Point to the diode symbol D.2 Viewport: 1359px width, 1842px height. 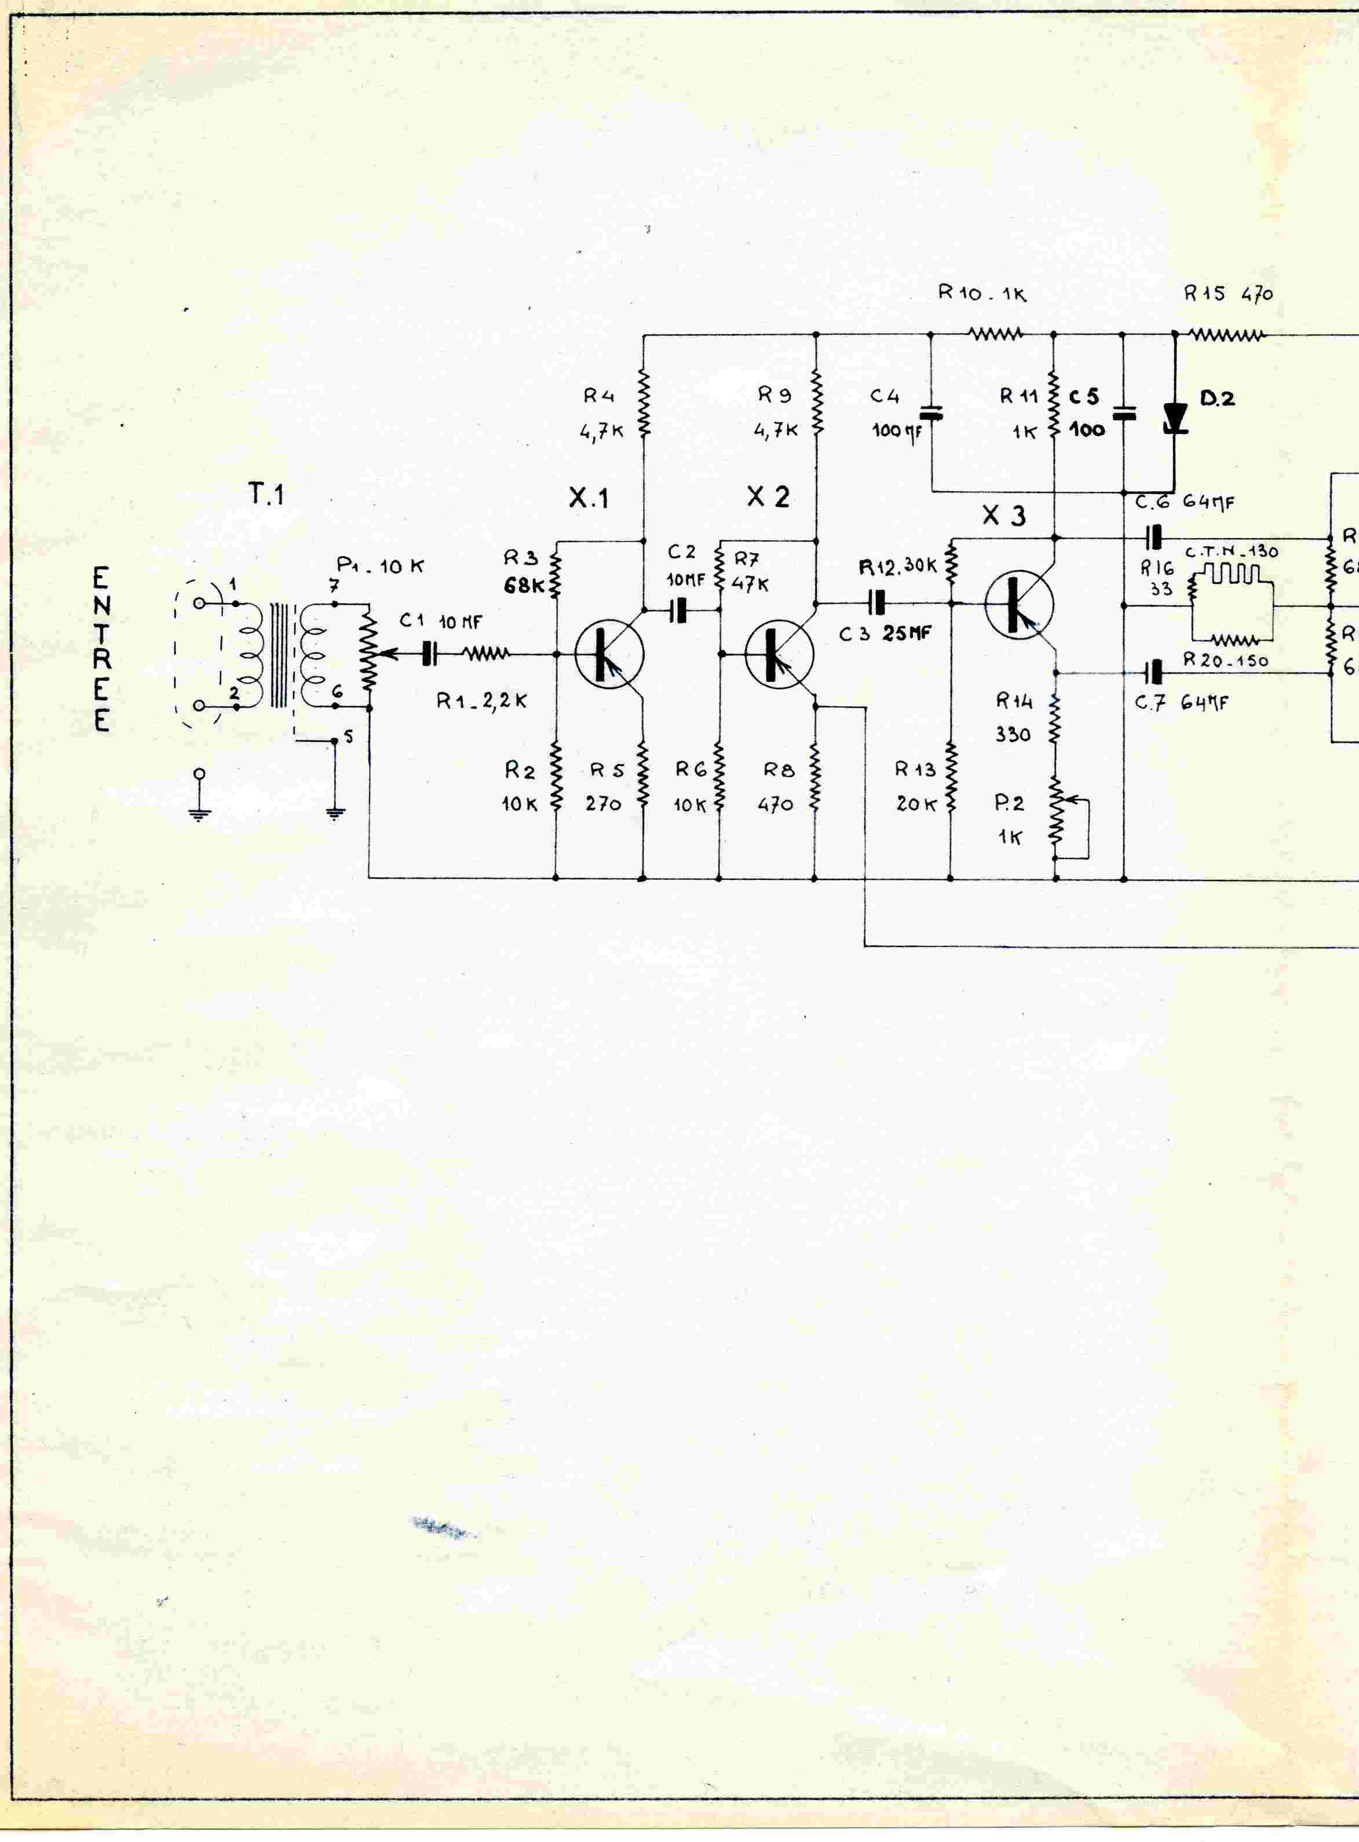(x=1175, y=418)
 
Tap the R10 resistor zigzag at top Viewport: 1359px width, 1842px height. (x=995, y=335)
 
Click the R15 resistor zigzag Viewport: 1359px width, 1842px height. (x=1225, y=335)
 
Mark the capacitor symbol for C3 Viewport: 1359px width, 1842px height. (x=879, y=603)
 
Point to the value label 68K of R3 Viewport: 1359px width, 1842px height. (x=521, y=587)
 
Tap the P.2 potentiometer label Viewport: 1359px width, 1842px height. (x=1009, y=804)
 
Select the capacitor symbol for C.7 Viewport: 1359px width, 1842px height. (x=1156, y=672)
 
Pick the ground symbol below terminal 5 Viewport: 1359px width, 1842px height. (x=335, y=814)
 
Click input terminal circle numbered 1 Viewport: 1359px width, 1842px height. (x=198, y=603)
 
